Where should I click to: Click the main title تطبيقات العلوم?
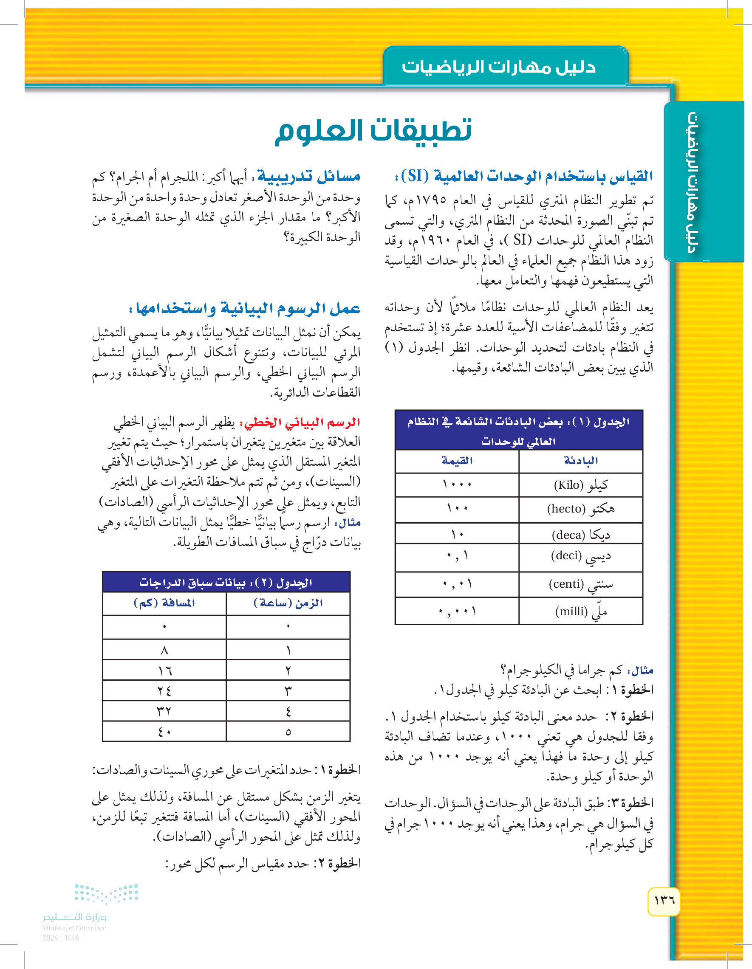tap(373, 131)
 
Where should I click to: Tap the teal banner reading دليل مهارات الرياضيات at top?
tap(498, 67)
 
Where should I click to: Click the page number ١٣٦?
tap(664, 901)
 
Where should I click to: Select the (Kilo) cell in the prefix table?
tap(581, 485)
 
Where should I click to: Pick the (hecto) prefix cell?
tap(581, 509)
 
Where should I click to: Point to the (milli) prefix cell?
tap(581, 611)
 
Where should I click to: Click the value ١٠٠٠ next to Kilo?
tap(457, 485)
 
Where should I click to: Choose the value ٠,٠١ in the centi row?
tap(457, 584)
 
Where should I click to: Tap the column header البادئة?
tap(581, 461)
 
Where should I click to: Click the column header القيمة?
tap(457, 461)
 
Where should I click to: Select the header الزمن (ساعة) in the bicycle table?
tap(288, 603)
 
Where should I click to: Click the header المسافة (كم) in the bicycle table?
tap(164, 603)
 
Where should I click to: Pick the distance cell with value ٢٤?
tap(164, 691)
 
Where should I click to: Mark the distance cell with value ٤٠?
tap(164, 732)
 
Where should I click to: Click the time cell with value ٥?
tap(288, 732)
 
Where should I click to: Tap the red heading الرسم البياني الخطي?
tap(300, 423)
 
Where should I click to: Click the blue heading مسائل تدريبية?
tap(309, 177)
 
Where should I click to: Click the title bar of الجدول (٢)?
tap(226, 582)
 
